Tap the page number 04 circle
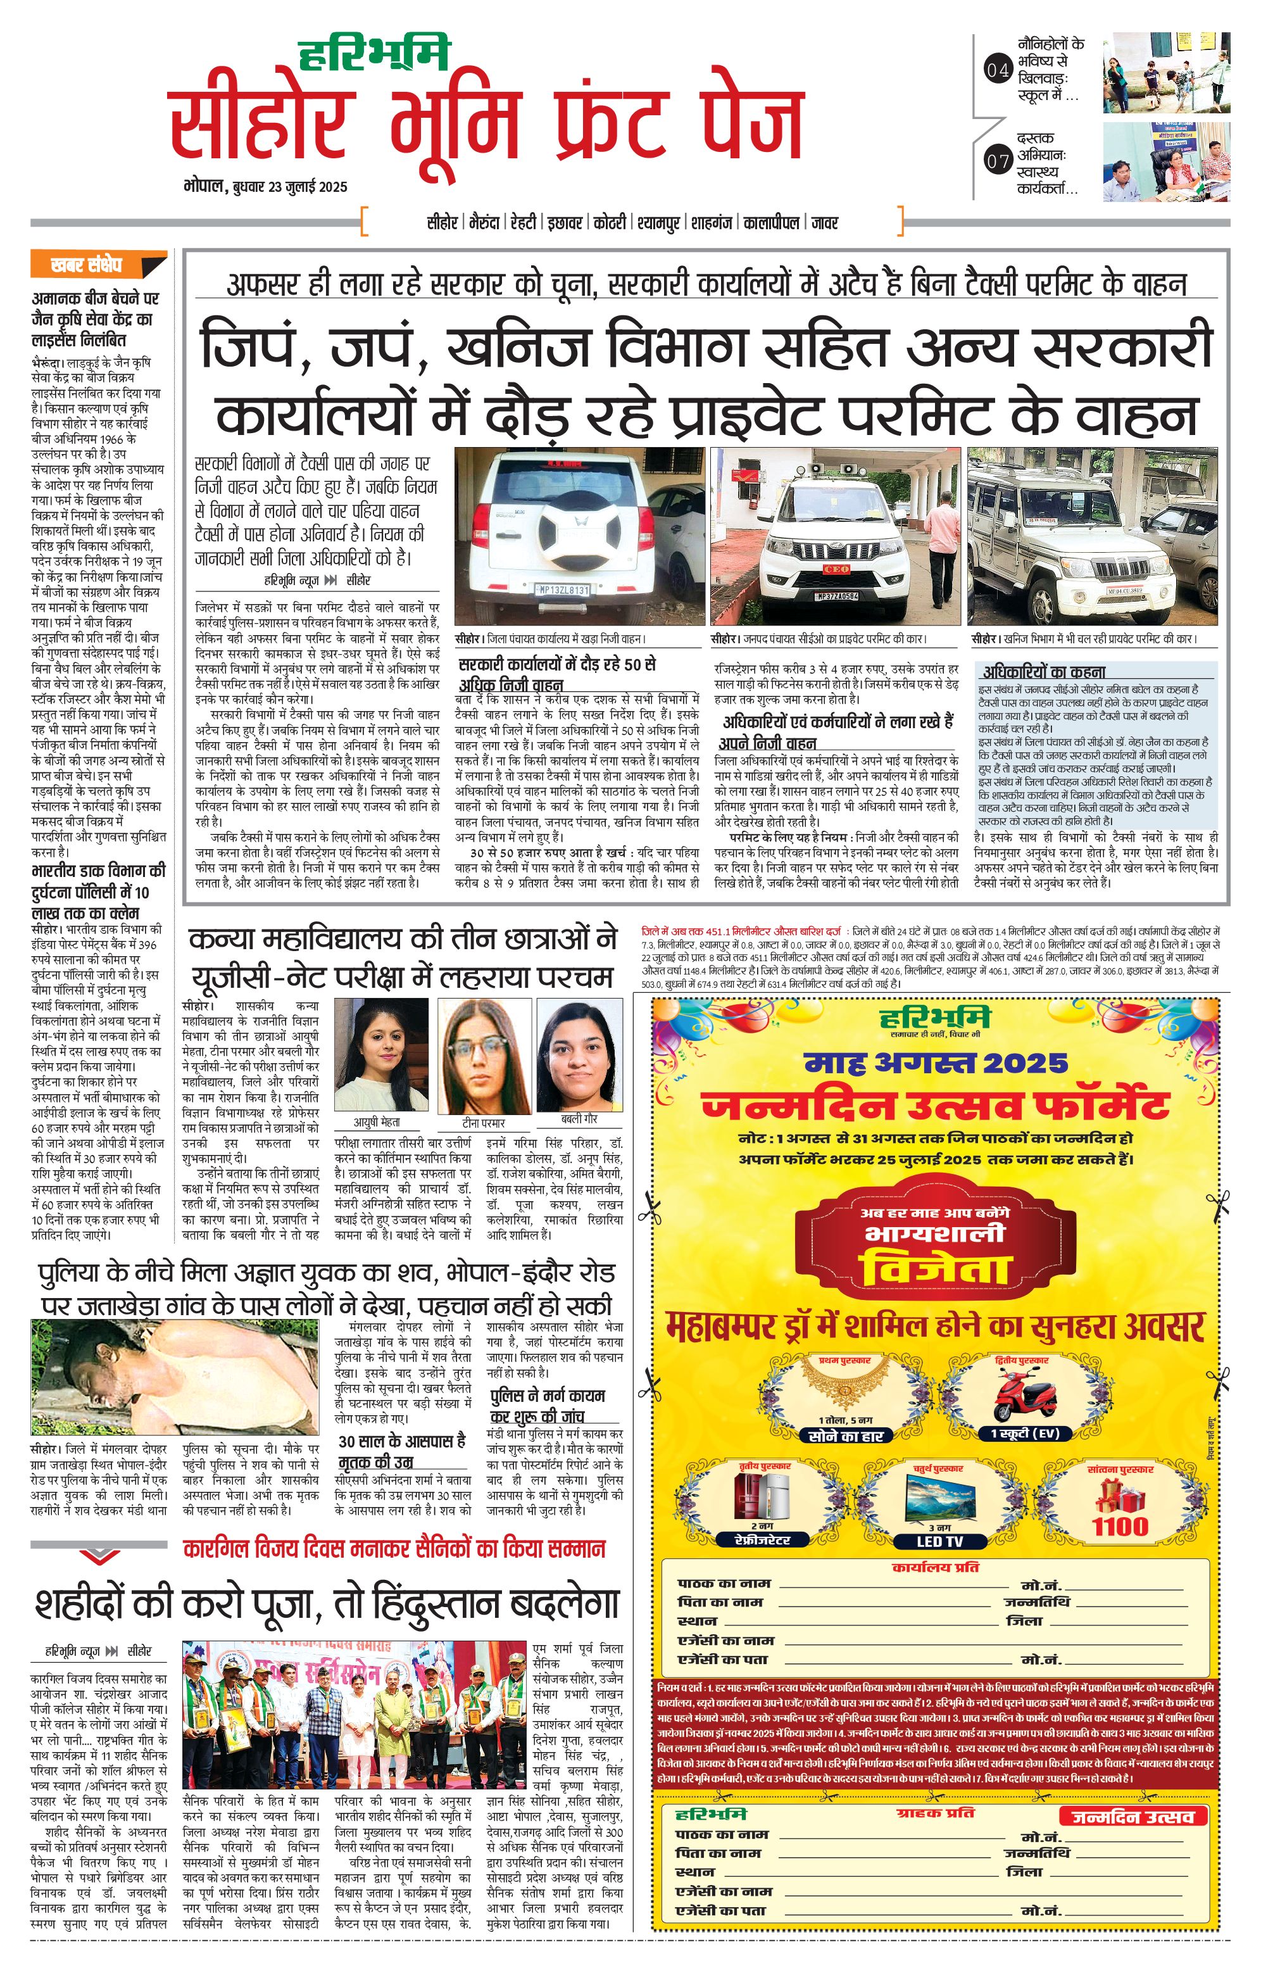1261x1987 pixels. [x=998, y=70]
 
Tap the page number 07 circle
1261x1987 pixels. [x=998, y=161]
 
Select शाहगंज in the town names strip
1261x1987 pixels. [x=711, y=223]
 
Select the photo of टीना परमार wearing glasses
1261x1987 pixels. [x=484, y=1056]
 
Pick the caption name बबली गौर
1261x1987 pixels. [x=579, y=1120]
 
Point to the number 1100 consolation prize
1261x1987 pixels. [x=1120, y=1526]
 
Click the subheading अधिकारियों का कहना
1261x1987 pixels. [x=1043, y=672]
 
